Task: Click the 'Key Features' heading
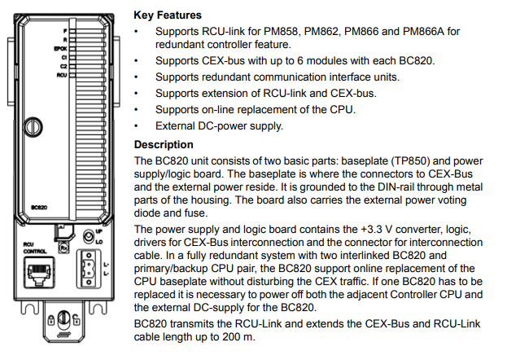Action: pyautogui.click(x=169, y=15)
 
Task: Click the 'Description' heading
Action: pyautogui.click(x=165, y=145)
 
